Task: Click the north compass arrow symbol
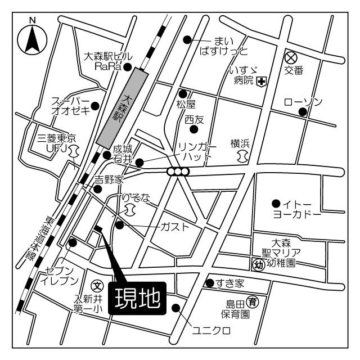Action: coord(32,39)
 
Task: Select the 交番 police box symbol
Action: coord(290,57)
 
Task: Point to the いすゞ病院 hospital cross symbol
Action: coord(262,82)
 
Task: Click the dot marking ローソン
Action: coord(302,111)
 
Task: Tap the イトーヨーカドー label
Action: coord(296,209)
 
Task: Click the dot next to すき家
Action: coord(209,282)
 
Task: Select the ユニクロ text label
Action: coord(211,331)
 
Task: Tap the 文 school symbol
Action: coord(96,285)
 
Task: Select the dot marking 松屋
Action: coord(183,94)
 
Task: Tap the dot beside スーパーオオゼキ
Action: coord(95,105)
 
